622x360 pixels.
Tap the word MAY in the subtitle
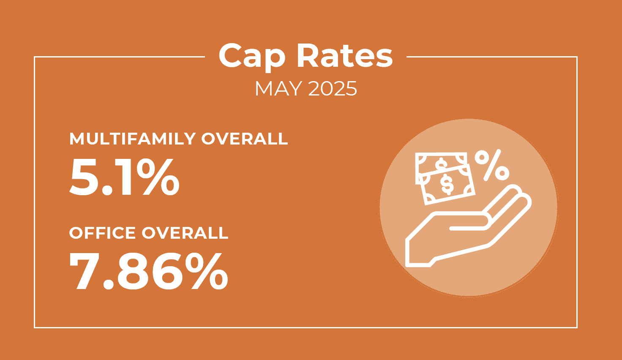(x=278, y=89)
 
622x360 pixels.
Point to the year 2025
(x=333, y=89)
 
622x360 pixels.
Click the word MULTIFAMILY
(x=132, y=139)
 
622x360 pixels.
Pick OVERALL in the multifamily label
(x=244, y=139)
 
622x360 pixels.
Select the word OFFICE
(x=102, y=233)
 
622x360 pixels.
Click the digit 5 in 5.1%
(x=84, y=177)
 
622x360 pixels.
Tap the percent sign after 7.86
(x=208, y=271)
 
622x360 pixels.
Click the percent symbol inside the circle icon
(x=491, y=165)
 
